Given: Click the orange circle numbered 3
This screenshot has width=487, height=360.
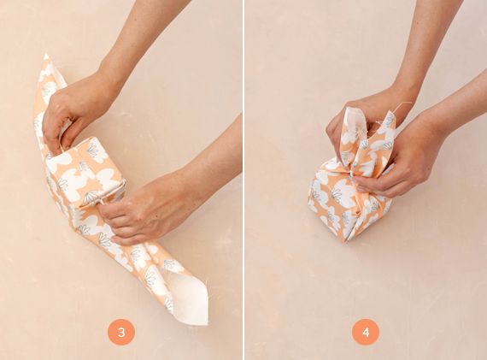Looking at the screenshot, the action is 121,332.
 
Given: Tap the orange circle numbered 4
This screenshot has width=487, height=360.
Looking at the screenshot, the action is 366,332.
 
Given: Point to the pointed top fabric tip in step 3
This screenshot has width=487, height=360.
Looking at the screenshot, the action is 46,55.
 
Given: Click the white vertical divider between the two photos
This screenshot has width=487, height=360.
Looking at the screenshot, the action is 243,180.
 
